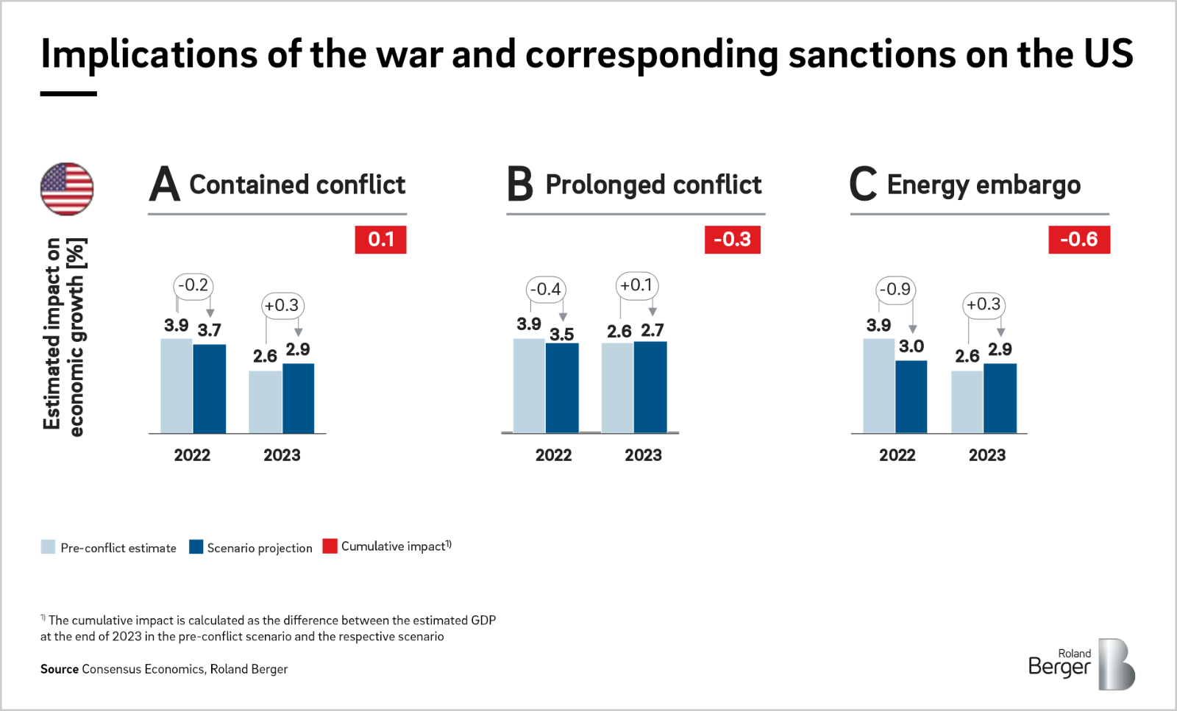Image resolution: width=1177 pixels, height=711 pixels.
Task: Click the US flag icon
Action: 67,189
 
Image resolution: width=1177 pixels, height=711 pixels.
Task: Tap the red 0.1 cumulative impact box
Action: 380,240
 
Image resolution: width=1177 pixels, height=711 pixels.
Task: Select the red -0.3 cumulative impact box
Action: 732,240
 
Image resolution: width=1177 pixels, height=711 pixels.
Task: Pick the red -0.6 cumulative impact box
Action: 1078,240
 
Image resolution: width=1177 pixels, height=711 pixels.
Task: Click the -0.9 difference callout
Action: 895,290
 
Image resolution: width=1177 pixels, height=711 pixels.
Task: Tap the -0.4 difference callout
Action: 546,290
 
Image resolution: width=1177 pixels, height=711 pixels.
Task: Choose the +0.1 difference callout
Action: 636,285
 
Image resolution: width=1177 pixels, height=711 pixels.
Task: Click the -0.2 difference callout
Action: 193,285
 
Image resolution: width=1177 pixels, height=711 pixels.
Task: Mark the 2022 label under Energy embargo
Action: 897,455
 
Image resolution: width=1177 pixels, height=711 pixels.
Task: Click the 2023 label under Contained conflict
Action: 282,455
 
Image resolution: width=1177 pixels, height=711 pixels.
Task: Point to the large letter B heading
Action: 520,184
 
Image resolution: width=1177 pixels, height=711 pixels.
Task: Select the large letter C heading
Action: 863,184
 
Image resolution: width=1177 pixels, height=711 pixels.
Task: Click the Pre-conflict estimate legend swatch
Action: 49,547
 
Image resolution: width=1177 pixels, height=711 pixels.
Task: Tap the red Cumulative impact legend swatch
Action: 330,546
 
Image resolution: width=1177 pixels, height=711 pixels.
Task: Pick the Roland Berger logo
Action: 1081,664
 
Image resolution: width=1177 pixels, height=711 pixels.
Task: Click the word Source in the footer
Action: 60,669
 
